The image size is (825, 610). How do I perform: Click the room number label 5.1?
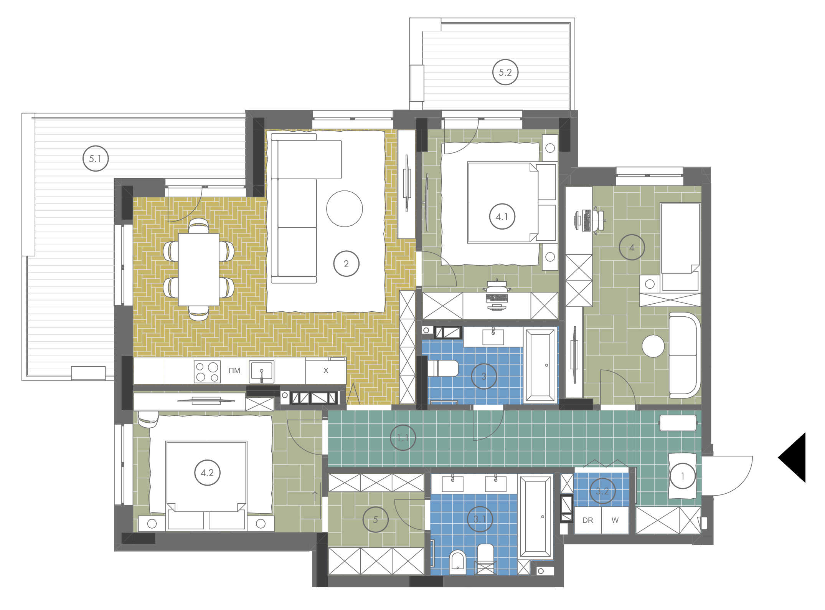tap(96, 159)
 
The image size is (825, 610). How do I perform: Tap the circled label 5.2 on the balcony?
tap(505, 72)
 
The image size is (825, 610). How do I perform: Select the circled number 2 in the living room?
tap(346, 264)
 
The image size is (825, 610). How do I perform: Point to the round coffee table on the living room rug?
tap(344, 209)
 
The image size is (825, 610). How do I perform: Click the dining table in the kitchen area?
tap(199, 269)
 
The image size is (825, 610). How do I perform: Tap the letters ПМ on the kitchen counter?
tap(234, 371)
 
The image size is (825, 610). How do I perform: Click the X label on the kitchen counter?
tap(326, 370)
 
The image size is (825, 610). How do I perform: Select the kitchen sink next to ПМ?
tap(261, 372)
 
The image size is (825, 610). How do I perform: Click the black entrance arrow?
tap(792, 457)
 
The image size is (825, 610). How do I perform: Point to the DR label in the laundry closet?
tap(587, 520)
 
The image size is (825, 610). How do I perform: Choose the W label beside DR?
tap(615, 520)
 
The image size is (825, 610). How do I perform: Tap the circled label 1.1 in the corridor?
tap(403, 438)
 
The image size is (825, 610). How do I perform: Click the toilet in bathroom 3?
tap(443, 369)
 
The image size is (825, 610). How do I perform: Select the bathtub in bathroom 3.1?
tap(535, 517)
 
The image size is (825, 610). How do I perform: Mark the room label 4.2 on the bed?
tap(207, 473)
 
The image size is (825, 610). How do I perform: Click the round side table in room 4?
tap(653, 346)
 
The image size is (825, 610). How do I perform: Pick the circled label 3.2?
tap(602, 491)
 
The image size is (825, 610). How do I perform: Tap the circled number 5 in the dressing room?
tap(375, 519)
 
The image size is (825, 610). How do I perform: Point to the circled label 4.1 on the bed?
tap(502, 217)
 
